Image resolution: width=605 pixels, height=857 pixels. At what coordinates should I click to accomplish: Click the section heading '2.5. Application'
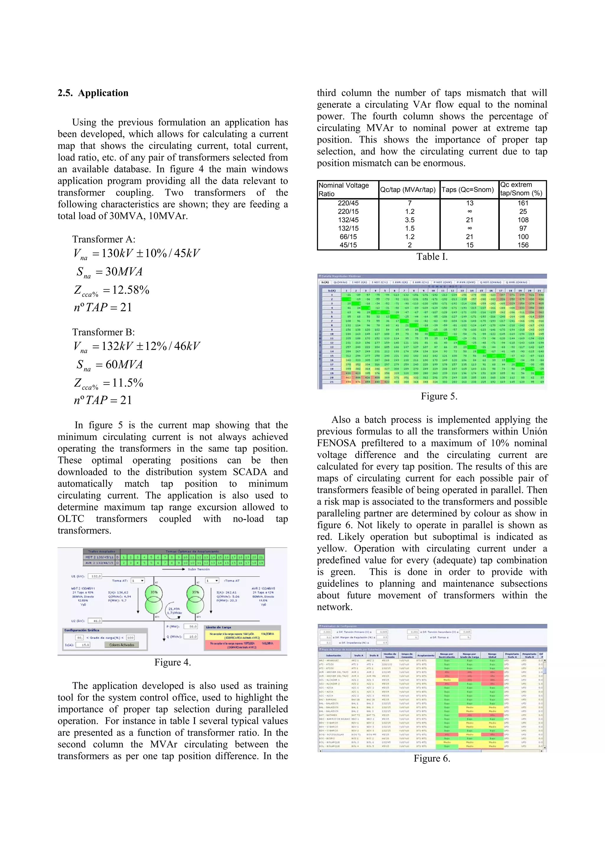click(93, 93)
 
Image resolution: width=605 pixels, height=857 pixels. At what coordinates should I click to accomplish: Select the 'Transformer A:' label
click(104, 239)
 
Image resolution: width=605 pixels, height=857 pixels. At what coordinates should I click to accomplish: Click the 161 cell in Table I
click(523, 203)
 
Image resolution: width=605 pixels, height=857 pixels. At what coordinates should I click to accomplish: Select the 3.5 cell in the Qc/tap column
click(409, 220)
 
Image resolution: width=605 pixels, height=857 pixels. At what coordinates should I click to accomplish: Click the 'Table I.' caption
click(432, 257)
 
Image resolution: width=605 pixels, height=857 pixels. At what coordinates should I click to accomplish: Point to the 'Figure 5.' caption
click(439, 396)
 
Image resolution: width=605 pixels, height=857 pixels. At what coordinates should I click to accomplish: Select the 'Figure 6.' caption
click(432, 759)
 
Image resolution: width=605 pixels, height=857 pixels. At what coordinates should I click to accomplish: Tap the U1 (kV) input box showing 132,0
click(96, 576)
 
